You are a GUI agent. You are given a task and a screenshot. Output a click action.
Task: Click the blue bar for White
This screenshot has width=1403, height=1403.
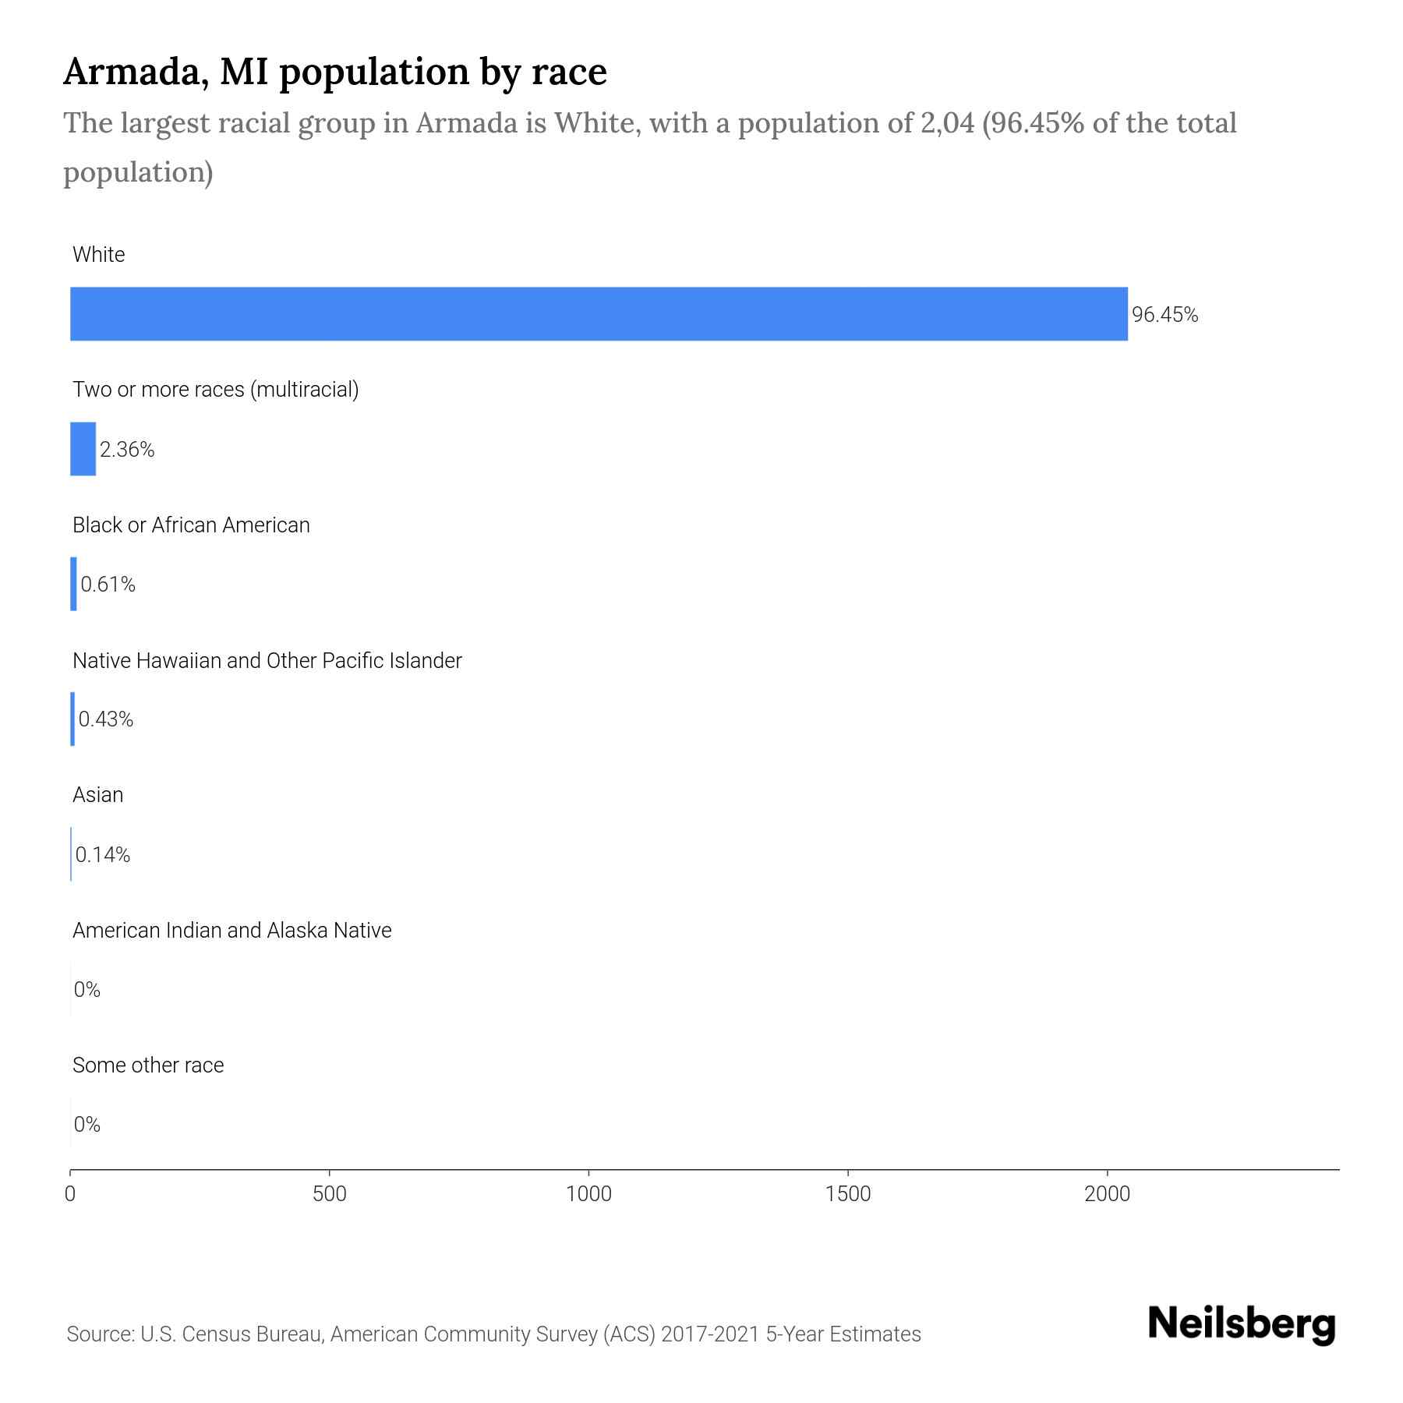tap(599, 314)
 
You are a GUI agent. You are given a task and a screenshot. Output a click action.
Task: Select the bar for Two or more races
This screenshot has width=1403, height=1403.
tap(83, 449)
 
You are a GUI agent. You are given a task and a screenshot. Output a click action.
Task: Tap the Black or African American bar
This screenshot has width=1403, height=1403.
tap(73, 584)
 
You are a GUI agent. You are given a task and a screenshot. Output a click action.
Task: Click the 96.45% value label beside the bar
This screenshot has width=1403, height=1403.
tap(1164, 315)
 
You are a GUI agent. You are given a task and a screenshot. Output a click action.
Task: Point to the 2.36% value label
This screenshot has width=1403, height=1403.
tap(127, 450)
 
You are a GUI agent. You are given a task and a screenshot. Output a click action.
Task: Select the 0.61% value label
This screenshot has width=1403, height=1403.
tap(108, 585)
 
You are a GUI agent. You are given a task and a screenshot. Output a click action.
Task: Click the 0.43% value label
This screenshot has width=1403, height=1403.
tap(106, 719)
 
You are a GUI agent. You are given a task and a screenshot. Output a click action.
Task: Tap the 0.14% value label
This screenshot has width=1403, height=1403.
tap(103, 855)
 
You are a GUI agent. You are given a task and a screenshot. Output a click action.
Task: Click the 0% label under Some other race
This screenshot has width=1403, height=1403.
tap(87, 1124)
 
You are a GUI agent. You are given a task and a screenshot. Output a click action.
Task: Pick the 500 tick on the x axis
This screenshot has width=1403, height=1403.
tap(329, 1194)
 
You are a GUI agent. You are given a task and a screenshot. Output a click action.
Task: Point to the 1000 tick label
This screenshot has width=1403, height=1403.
tap(588, 1194)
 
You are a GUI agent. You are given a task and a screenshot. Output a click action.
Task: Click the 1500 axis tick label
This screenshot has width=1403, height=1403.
tap(848, 1194)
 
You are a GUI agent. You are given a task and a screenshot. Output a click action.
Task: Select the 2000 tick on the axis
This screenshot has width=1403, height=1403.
tap(1107, 1194)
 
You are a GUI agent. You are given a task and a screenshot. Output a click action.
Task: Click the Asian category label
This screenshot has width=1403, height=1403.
tap(98, 795)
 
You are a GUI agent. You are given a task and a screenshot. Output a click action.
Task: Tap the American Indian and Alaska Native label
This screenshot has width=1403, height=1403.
tap(231, 930)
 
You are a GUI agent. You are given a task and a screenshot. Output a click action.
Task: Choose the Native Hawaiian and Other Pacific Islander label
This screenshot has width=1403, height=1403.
tap(267, 660)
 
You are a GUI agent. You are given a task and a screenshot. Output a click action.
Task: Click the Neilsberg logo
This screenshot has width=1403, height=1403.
tap(1242, 1324)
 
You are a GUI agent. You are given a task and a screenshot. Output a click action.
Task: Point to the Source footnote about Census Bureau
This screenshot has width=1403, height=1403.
tap(493, 1334)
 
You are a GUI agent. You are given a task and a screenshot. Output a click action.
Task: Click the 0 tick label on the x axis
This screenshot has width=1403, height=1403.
tap(70, 1194)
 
